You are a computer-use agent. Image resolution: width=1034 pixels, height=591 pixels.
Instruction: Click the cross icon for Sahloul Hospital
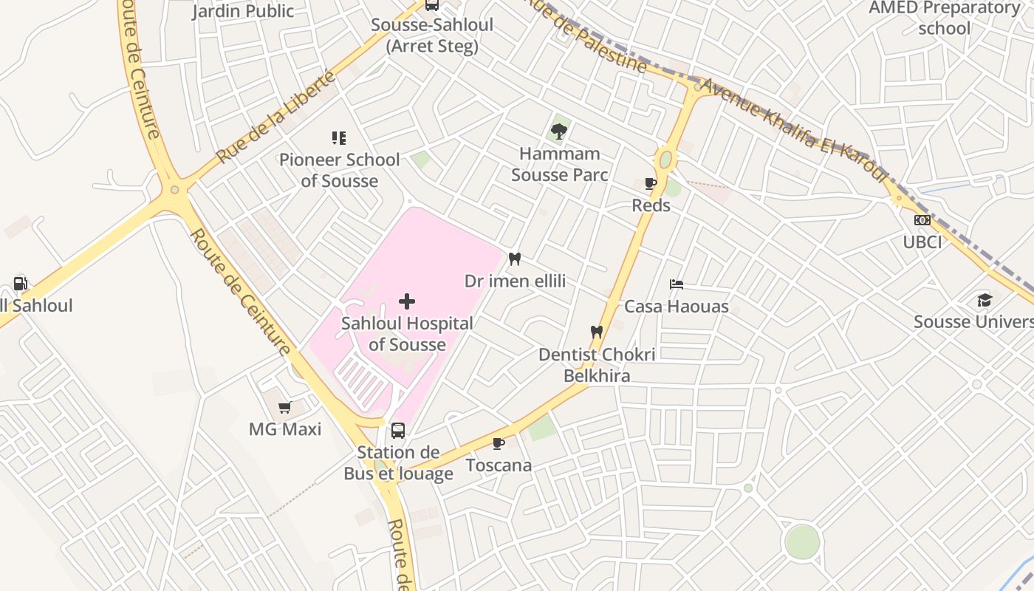[406, 301]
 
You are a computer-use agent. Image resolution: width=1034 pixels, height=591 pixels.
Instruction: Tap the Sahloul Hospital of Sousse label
[407, 334]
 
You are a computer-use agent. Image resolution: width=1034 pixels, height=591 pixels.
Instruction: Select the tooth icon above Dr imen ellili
[515, 259]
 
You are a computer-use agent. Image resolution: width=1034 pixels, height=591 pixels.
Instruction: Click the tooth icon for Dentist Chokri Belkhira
[597, 332]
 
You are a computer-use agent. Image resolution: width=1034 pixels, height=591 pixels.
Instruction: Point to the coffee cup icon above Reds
[651, 183]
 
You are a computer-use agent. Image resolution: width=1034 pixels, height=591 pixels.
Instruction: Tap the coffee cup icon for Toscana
[499, 443]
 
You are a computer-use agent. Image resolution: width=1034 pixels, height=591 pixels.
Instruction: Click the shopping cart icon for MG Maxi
[284, 407]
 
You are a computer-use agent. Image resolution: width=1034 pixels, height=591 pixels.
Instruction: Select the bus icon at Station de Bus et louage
[398, 430]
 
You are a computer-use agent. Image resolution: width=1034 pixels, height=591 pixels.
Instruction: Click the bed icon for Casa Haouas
[677, 284]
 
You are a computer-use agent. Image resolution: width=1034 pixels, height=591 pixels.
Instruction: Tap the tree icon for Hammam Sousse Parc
[559, 131]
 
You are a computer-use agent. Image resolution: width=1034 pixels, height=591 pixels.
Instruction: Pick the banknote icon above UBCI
[922, 220]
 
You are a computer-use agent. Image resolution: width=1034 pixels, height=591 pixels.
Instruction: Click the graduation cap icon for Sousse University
[985, 300]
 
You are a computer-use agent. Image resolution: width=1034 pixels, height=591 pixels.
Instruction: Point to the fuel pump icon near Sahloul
[20, 283]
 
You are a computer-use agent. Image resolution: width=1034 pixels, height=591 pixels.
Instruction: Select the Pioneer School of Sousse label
[339, 170]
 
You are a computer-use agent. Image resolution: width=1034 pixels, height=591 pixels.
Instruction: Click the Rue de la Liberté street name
[276, 117]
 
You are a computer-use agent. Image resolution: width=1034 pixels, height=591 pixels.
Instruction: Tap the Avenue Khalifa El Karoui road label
[793, 130]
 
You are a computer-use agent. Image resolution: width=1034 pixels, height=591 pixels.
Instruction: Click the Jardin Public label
[243, 11]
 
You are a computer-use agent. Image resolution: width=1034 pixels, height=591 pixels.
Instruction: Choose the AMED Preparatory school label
[944, 18]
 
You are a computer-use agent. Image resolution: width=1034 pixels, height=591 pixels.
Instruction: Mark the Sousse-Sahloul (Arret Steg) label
[432, 35]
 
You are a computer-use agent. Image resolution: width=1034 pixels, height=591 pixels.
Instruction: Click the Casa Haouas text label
[677, 307]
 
